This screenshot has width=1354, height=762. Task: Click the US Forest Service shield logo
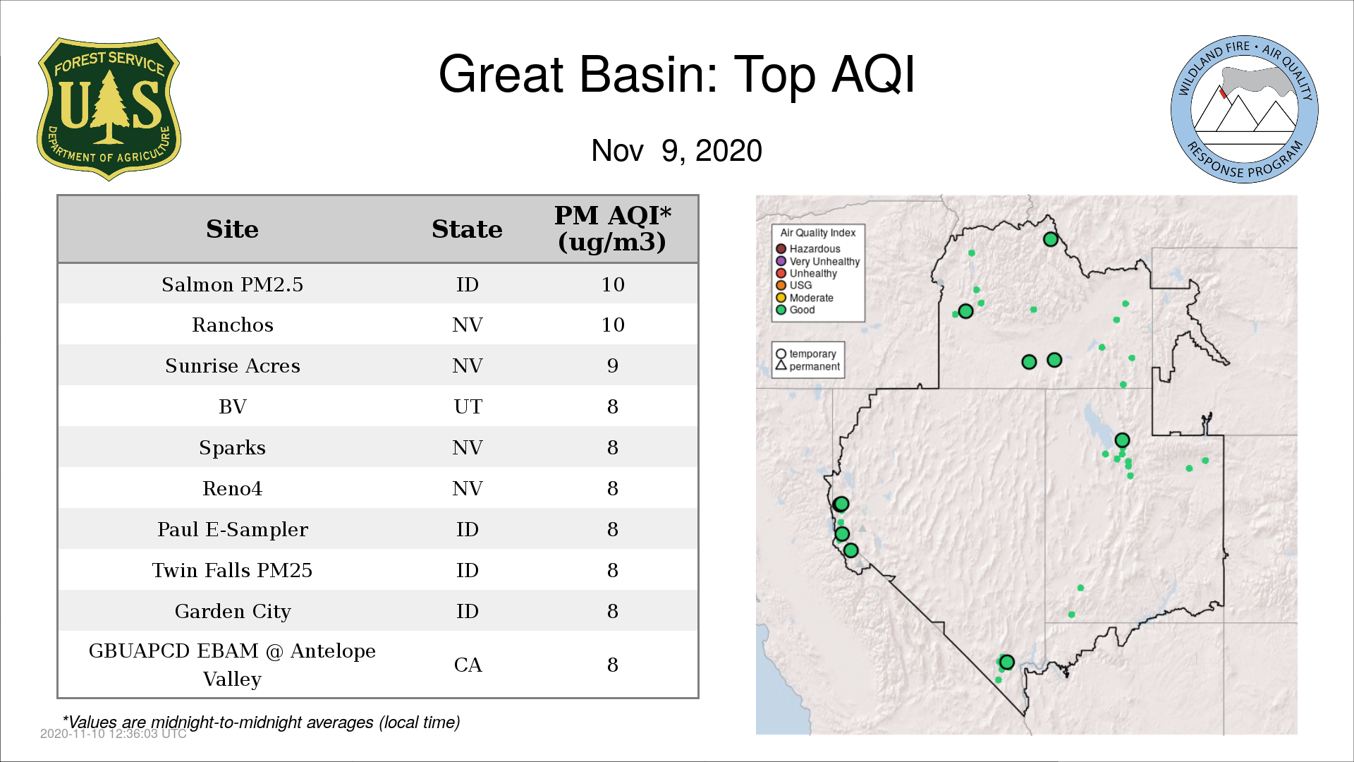109,109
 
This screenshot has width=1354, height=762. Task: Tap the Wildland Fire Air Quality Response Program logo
1245,109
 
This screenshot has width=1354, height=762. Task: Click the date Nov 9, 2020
676,151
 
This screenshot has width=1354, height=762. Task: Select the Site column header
232,229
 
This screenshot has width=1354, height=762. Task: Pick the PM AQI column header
612,229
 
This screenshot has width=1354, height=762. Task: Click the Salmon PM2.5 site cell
232,284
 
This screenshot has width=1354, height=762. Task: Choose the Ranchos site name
232,325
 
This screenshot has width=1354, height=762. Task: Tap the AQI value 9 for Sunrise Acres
612,365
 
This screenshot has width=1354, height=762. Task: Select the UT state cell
468,406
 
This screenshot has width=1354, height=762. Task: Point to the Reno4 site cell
232,488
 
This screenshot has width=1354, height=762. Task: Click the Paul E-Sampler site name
232,529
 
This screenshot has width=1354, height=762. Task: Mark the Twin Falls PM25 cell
232,570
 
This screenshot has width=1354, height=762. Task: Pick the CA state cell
468,665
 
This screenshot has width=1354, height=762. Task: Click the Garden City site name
232,611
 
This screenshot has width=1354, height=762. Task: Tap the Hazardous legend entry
808,249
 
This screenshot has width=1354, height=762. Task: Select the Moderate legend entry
805,298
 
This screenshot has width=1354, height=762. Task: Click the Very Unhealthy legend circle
781,261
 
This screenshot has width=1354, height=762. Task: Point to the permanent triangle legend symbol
781,365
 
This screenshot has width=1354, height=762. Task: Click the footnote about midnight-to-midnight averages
262,722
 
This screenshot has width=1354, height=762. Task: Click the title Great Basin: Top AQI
676,74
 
